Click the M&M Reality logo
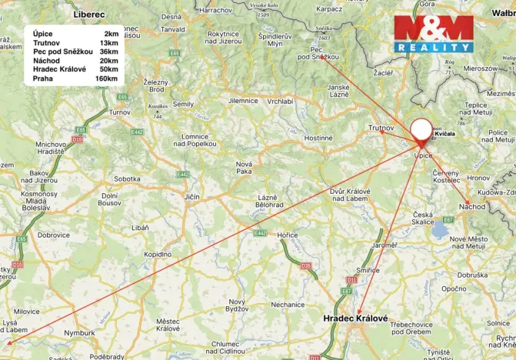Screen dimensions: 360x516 point(434,33)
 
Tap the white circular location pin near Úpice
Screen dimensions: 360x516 point(421,129)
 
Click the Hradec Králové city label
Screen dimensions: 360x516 point(355,318)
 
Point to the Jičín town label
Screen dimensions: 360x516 point(191,197)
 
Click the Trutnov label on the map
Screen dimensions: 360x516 point(381,127)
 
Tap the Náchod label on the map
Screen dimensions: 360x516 point(472,206)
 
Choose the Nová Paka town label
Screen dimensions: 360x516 point(245,168)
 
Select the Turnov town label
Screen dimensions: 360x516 point(120,112)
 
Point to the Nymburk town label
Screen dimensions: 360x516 point(80,333)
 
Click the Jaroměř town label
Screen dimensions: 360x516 point(385,245)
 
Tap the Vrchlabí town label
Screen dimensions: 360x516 point(280,101)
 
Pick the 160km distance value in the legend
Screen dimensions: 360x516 point(106,78)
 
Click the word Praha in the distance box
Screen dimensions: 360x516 point(42,78)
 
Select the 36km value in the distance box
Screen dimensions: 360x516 point(109,52)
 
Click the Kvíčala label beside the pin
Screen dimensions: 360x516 point(445,134)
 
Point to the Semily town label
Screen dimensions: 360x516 point(183,104)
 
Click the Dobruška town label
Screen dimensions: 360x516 point(472,275)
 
